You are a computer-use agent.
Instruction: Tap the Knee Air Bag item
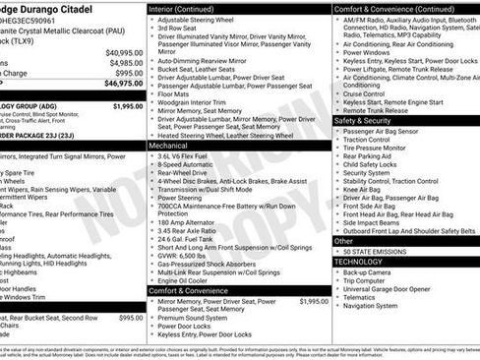tap(367, 189)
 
